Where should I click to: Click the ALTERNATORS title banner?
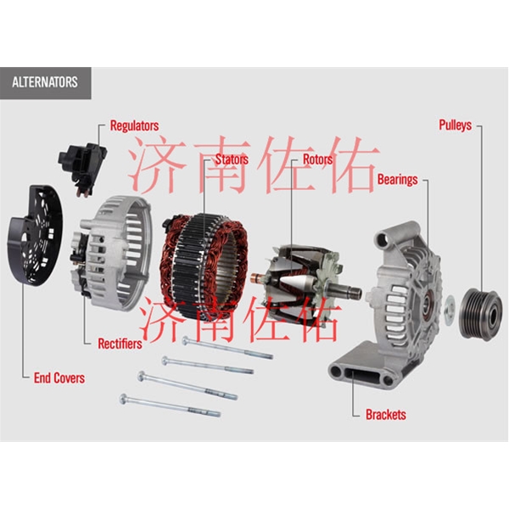click(46, 83)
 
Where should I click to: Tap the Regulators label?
click(134, 126)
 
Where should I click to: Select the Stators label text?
click(232, 159)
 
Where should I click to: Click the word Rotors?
click(318, 159)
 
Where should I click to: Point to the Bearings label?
click(397, 180)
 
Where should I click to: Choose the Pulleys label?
click(455, 125)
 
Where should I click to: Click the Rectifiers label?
click(120, 344)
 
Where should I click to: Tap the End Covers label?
click(59, 378)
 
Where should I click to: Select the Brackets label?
click(386, 415)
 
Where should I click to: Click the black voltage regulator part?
click(83, 168)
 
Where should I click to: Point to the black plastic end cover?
click(35, 235)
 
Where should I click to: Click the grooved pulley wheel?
click(481, 314)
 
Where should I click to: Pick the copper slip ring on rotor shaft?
click(258, 278)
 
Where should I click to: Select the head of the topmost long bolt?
click(186, 340)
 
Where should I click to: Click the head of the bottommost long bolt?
click(123, 399)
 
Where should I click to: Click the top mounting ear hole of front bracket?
click(385, 239)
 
